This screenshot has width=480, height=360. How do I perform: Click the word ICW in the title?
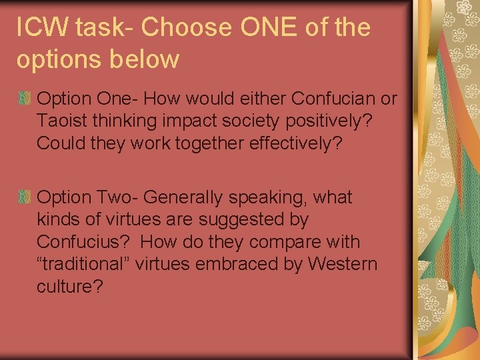click(41, 27)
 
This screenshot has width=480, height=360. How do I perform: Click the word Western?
click(342, 264)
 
